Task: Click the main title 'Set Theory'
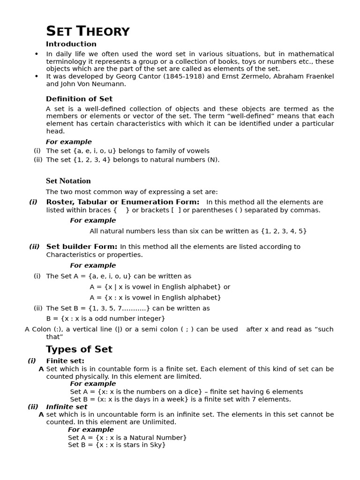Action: click(88, 31)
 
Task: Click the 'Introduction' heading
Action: click(71, 44)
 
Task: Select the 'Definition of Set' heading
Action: click(79, 99)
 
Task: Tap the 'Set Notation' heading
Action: click(68, 181)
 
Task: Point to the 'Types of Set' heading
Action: click(79, 349)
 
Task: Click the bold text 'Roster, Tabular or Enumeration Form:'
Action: click(123, 202)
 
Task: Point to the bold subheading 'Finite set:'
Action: click(65, 361)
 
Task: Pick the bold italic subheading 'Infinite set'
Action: click(67, 407)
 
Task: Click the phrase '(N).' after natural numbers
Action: click(213, 159)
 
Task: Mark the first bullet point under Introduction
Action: click(37, 54)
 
